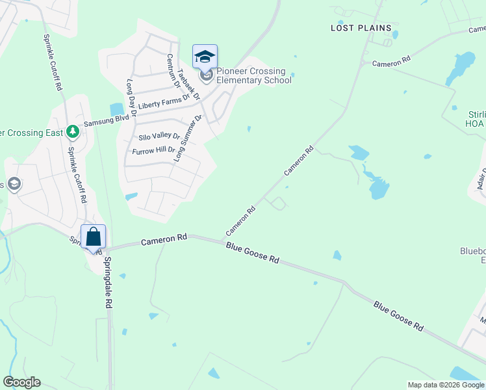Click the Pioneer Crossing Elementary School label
coord(253,75)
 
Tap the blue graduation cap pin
coord(205,57)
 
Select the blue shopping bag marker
coord(93,237)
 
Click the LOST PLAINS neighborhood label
coord(361,28)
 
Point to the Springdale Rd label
coord(109,283)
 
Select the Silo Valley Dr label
coord(159,136)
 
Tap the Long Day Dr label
coord(131,98)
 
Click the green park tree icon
coord(73,133)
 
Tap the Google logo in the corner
coord(21,382)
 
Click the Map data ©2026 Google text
coord(446,385)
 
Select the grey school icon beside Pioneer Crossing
coord(207,77)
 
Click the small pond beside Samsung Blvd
coord(117,109)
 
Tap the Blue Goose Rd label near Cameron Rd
coord(253,252)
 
